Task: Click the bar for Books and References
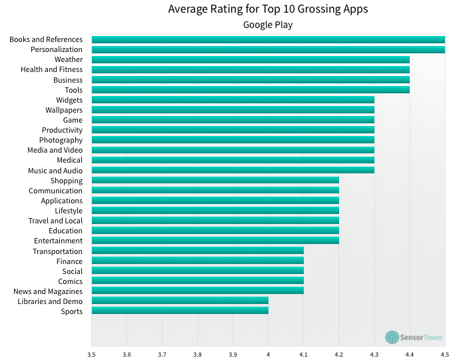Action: tap(268, 39)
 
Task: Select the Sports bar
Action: tap(180, 311)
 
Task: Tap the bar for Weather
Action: tap(250, 59)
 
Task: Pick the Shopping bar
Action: tap(215, 180)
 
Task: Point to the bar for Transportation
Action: tap(197, 251)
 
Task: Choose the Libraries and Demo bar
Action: tap(180, 301)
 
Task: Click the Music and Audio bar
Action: tap(232, 170)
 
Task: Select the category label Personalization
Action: tap(57, 49)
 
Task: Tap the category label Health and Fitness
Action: tap(51, 69)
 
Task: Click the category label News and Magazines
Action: tap(48, 291)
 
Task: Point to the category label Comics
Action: tap(70, 281)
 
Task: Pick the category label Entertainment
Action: tap(58, 241)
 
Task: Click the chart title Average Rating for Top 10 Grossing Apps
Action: tap(268, 9)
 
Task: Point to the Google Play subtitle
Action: tap(268, 25)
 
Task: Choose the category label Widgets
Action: tap(69, 100)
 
